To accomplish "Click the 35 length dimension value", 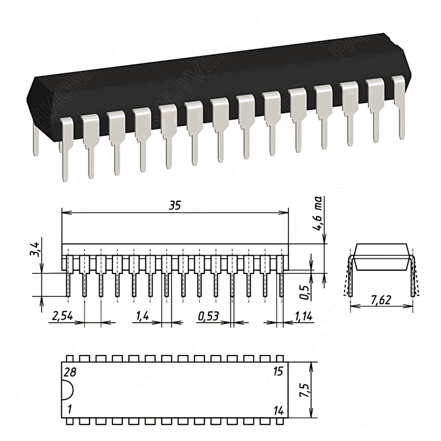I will (175, 206).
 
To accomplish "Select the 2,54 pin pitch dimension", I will (62, 317).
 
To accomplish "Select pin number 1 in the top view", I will (69, 410).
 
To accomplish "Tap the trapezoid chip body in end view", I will (382, 257).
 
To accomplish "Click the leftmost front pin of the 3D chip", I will (66, 149).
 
